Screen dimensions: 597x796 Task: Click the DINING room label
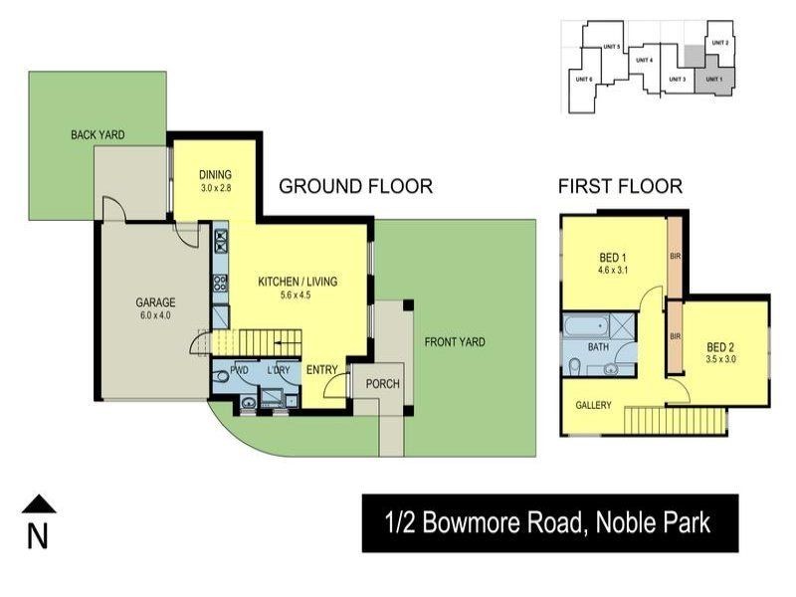pyautogui.click(x=215, y=175)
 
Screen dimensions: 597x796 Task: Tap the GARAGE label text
pyautogui.click(x=155, y=302)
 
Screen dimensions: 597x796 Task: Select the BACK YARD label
pyautogui.click(x=97, y=134)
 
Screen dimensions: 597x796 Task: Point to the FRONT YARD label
pyautogui.click(x=455, y=342)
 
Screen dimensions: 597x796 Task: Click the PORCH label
pyautogui.click(x=382, y=384)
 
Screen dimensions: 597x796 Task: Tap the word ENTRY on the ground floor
pyautogui.click(x=321, y=370)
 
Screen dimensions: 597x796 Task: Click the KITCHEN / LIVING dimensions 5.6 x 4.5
pyautogui.click(x=298, y=296)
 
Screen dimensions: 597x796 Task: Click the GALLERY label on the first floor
pyautogui.click(x=593, y=405)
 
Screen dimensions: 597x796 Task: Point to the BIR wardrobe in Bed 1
pyautogui.click(x=674, y=257)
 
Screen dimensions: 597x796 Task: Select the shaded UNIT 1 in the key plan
pyautogui.click(x=713, y=79)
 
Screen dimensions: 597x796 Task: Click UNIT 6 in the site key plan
pyautogui.click(x=584, y=80)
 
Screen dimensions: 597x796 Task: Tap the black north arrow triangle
pyautogui.click(x=38, y=504)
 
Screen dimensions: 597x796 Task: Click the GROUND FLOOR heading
pyautogui.click(x=355, y=186)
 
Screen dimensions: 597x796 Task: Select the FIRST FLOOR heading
pyautogui.click(x=620, y=186)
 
